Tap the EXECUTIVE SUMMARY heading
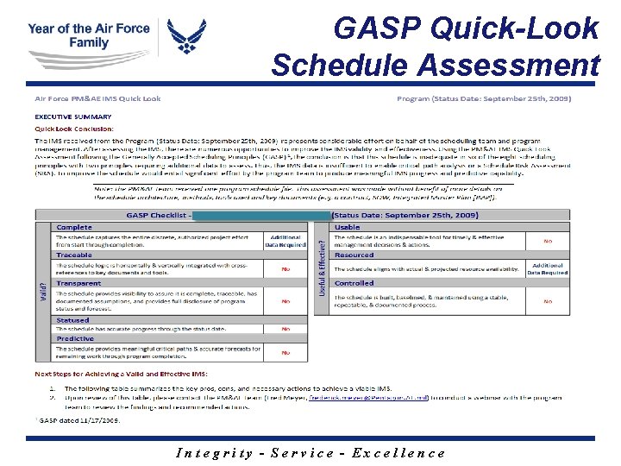coord(72,116)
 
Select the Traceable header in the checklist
coord(74,255)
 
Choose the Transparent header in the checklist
coord(78,283)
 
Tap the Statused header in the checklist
coord(72,320)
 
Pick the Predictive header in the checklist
coord(76,339)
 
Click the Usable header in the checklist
coord(347,227)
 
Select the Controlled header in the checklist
coord(354,283)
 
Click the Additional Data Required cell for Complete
coord(285,241)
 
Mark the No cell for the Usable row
coord(548,241)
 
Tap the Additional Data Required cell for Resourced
coord(548,269)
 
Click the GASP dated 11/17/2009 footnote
coord(77,419)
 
